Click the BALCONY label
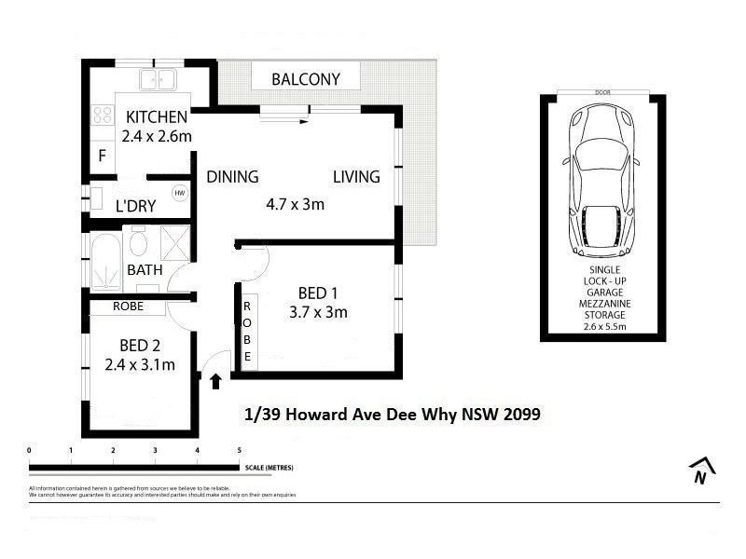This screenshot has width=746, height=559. pos(306,79)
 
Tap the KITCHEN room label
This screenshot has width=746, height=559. pos(157,117)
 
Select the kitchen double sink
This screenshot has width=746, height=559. pos(159,79)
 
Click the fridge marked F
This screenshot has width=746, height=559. pos(102,156)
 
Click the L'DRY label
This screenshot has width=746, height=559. pos(135,206)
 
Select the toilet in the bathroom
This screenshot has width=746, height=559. pos(137,245)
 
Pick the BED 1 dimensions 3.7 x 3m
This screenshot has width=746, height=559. pos(318,312)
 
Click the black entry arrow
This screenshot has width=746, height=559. pos(215,380)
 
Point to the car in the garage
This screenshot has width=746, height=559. pos(601,181)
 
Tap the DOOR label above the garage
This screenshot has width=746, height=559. pos(601,92)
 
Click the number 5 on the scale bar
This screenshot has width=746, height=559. pos(240,450)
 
